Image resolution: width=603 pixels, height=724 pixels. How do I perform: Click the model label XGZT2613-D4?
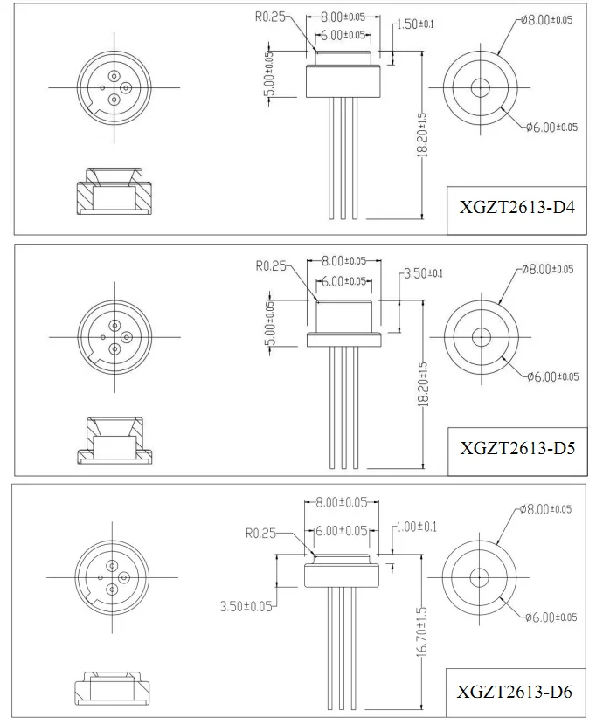click(x=516, y=210)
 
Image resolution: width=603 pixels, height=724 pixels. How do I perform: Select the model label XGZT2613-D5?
click(x=516, y=450)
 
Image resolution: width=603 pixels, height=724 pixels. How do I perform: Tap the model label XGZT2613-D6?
click(x=516, y=693)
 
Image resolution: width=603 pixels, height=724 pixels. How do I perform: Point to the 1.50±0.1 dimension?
click(x=415, y=24)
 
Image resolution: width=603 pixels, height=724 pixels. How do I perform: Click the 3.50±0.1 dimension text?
click(x=422, y=273)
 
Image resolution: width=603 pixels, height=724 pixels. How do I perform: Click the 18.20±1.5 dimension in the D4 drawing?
click(x=422, y=134)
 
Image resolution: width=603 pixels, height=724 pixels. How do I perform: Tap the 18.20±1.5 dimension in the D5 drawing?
click(x=422, y=384)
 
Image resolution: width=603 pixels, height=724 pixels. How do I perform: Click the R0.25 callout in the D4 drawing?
click(x=271, y=15)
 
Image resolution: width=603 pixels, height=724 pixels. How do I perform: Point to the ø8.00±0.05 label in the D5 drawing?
click(x=548, y=269)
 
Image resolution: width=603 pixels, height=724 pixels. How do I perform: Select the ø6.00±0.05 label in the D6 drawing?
click(x=551, y=617)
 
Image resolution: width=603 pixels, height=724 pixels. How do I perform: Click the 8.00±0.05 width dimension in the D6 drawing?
click(x=342, y=502)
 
